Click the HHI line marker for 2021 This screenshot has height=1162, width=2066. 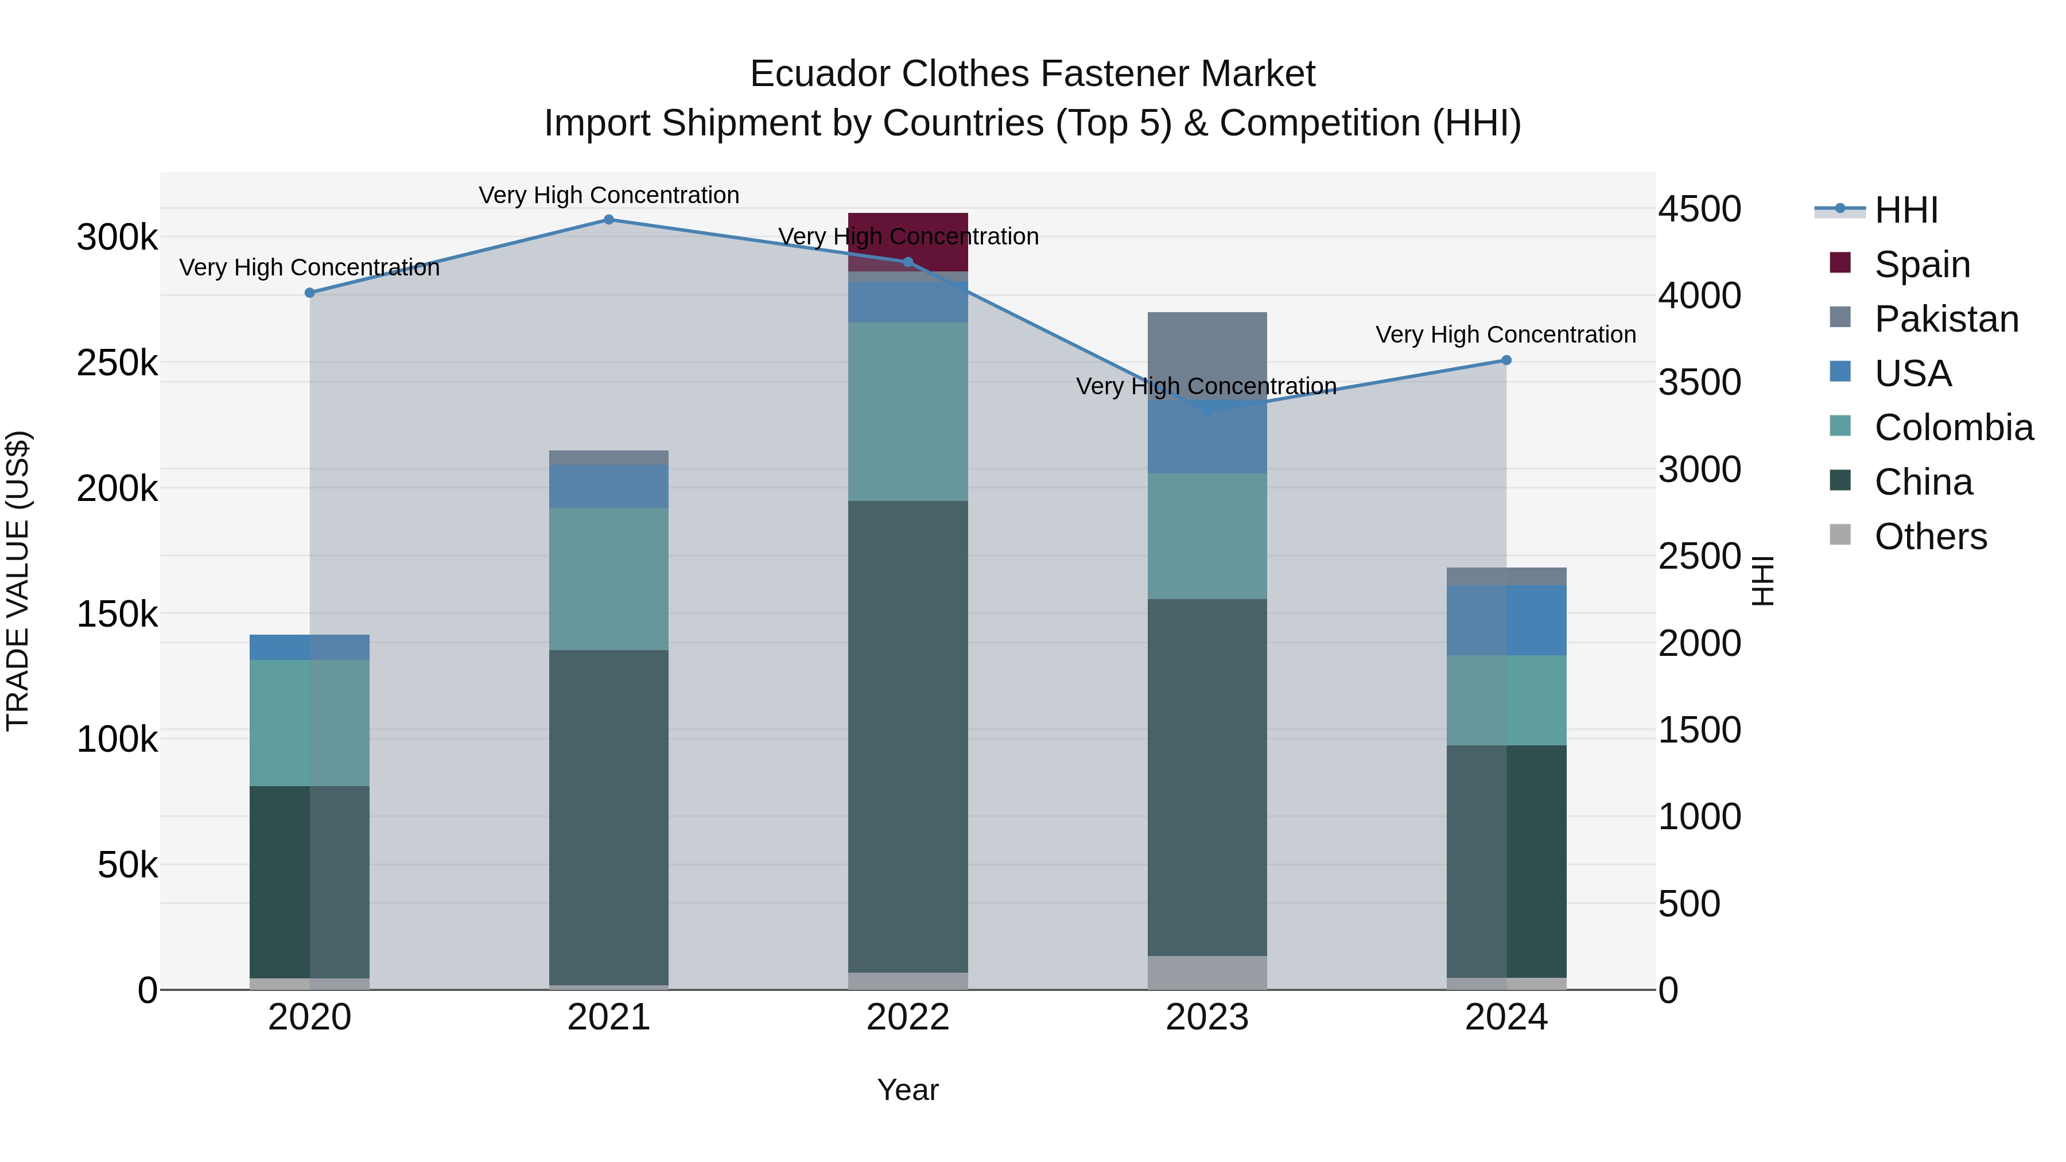pyautogui.click(x=609, y=220)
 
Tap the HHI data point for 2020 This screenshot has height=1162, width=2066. pyautogui.click(x=309, y=293)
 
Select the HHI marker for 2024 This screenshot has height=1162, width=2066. pyautogui.click(x=1506, y=360)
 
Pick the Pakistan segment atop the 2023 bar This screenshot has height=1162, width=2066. pyautogui.click(x=1207, y=353)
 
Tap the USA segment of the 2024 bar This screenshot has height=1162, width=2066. pyautogui.click(x=1506, y=620)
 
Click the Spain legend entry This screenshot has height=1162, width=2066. pyautogui.click(x=1921, y=265)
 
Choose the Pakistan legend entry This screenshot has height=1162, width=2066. pyautogui.click(x=1945, y=319)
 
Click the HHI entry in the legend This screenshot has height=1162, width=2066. pyautogui.click(x=1905, y=210)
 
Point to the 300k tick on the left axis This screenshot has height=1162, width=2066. pyautogui.click(x=117, y=238)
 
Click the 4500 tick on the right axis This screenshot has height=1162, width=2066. pyautogui.click(x=1699, y=209)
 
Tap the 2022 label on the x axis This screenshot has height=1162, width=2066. pyautogui.click(x=908, y=1017)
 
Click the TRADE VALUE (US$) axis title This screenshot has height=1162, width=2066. pyautogui.click(x=18, y=581)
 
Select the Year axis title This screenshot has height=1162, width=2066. pyautogui.click(x=908, y=1090)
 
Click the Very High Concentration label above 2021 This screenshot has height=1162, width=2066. pyautogui.click(x=609, y=195)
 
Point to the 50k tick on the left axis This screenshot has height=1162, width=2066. pyautogui.click(x=127, y=865)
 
